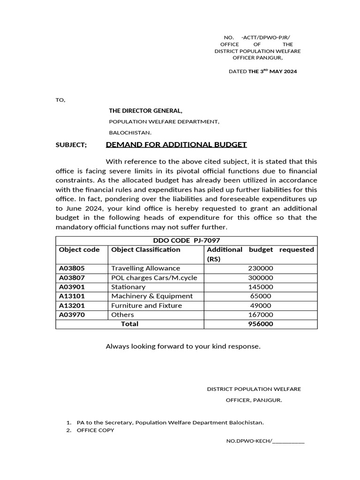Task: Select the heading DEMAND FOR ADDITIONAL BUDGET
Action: (x=176, y=145)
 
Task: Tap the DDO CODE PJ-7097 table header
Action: (x=187, y=240)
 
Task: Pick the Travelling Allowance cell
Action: (x=145, y=269)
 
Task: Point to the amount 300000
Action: (x=261, y=277)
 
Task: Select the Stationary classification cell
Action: (x=128, y=287)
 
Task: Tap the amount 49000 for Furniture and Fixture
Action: (x=261, y=306)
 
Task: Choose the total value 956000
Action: (x=261, y=324)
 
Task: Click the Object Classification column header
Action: (x=145, y=250)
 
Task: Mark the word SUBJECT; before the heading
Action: (x=71, y=145)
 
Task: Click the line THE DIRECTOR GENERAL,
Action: (x=146, y=111)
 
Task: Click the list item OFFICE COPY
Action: (x=95, y=430)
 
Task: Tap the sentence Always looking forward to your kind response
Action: (x=183, y=347)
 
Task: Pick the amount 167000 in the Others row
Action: (x=261, y=315)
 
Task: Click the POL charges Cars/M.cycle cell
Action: (x=154, y=277)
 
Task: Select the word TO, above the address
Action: (x=60, y=100)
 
